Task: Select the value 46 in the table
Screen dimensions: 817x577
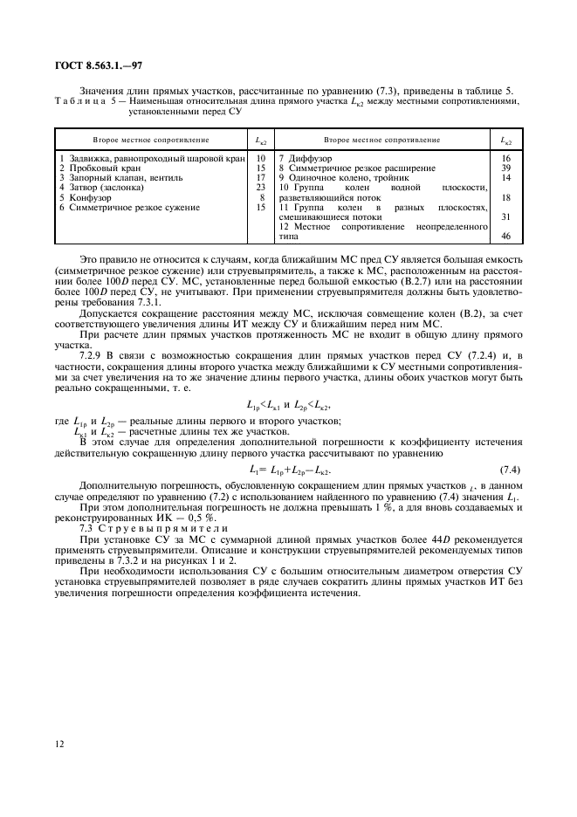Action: pyautogui.click(x=505, y=236)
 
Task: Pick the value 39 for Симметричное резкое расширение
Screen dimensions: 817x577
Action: pyautogui.click(x=505, y=168)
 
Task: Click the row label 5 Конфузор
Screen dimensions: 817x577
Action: pyautogui.click(x=85, y=197)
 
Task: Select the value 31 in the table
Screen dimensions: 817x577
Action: pyautogui.click(x=505, y=216)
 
